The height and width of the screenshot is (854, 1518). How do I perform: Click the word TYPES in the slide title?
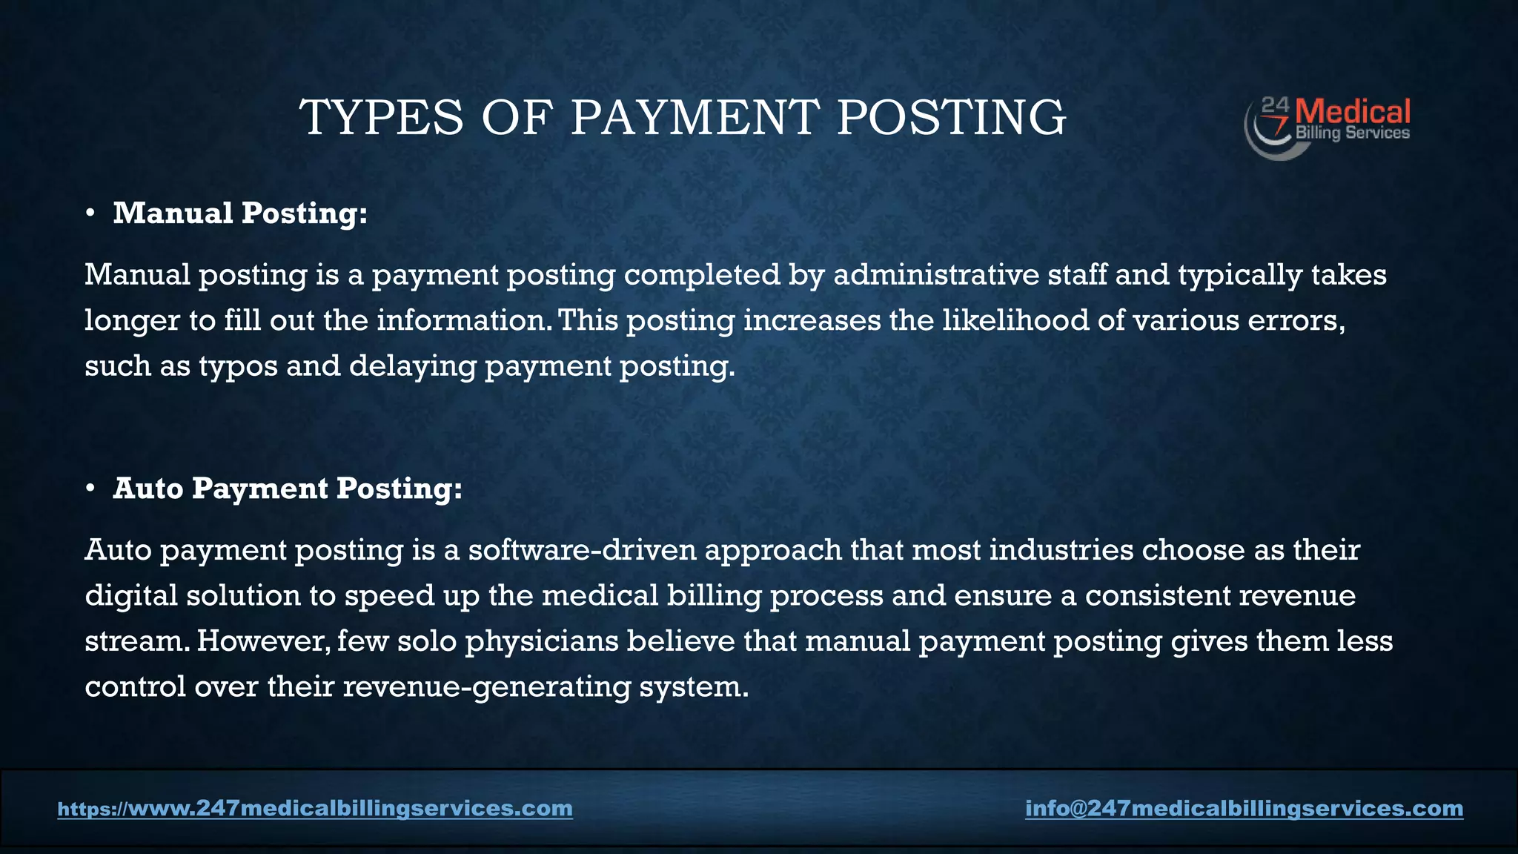pos(381,119)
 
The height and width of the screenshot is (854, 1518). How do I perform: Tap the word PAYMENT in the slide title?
pos(695,119)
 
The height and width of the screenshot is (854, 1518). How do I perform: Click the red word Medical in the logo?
pos(1353,113)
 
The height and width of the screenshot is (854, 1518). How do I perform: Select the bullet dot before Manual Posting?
pos(90,214)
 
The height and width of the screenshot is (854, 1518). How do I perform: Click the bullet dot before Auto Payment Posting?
pos(90,489)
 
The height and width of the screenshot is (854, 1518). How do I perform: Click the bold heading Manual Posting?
pos(240,213)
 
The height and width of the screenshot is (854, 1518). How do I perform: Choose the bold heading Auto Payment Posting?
pos(288,489)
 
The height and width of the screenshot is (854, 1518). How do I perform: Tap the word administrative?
pos(936,275)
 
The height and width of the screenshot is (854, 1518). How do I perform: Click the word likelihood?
pos(1015,320)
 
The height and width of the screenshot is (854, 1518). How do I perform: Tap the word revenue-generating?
pos(487,687)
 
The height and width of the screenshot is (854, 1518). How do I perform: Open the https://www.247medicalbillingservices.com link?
pos(315,808)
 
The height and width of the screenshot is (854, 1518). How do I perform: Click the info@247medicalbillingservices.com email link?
pos(1244,808)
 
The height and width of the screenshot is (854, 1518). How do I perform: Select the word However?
pos(263,641)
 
